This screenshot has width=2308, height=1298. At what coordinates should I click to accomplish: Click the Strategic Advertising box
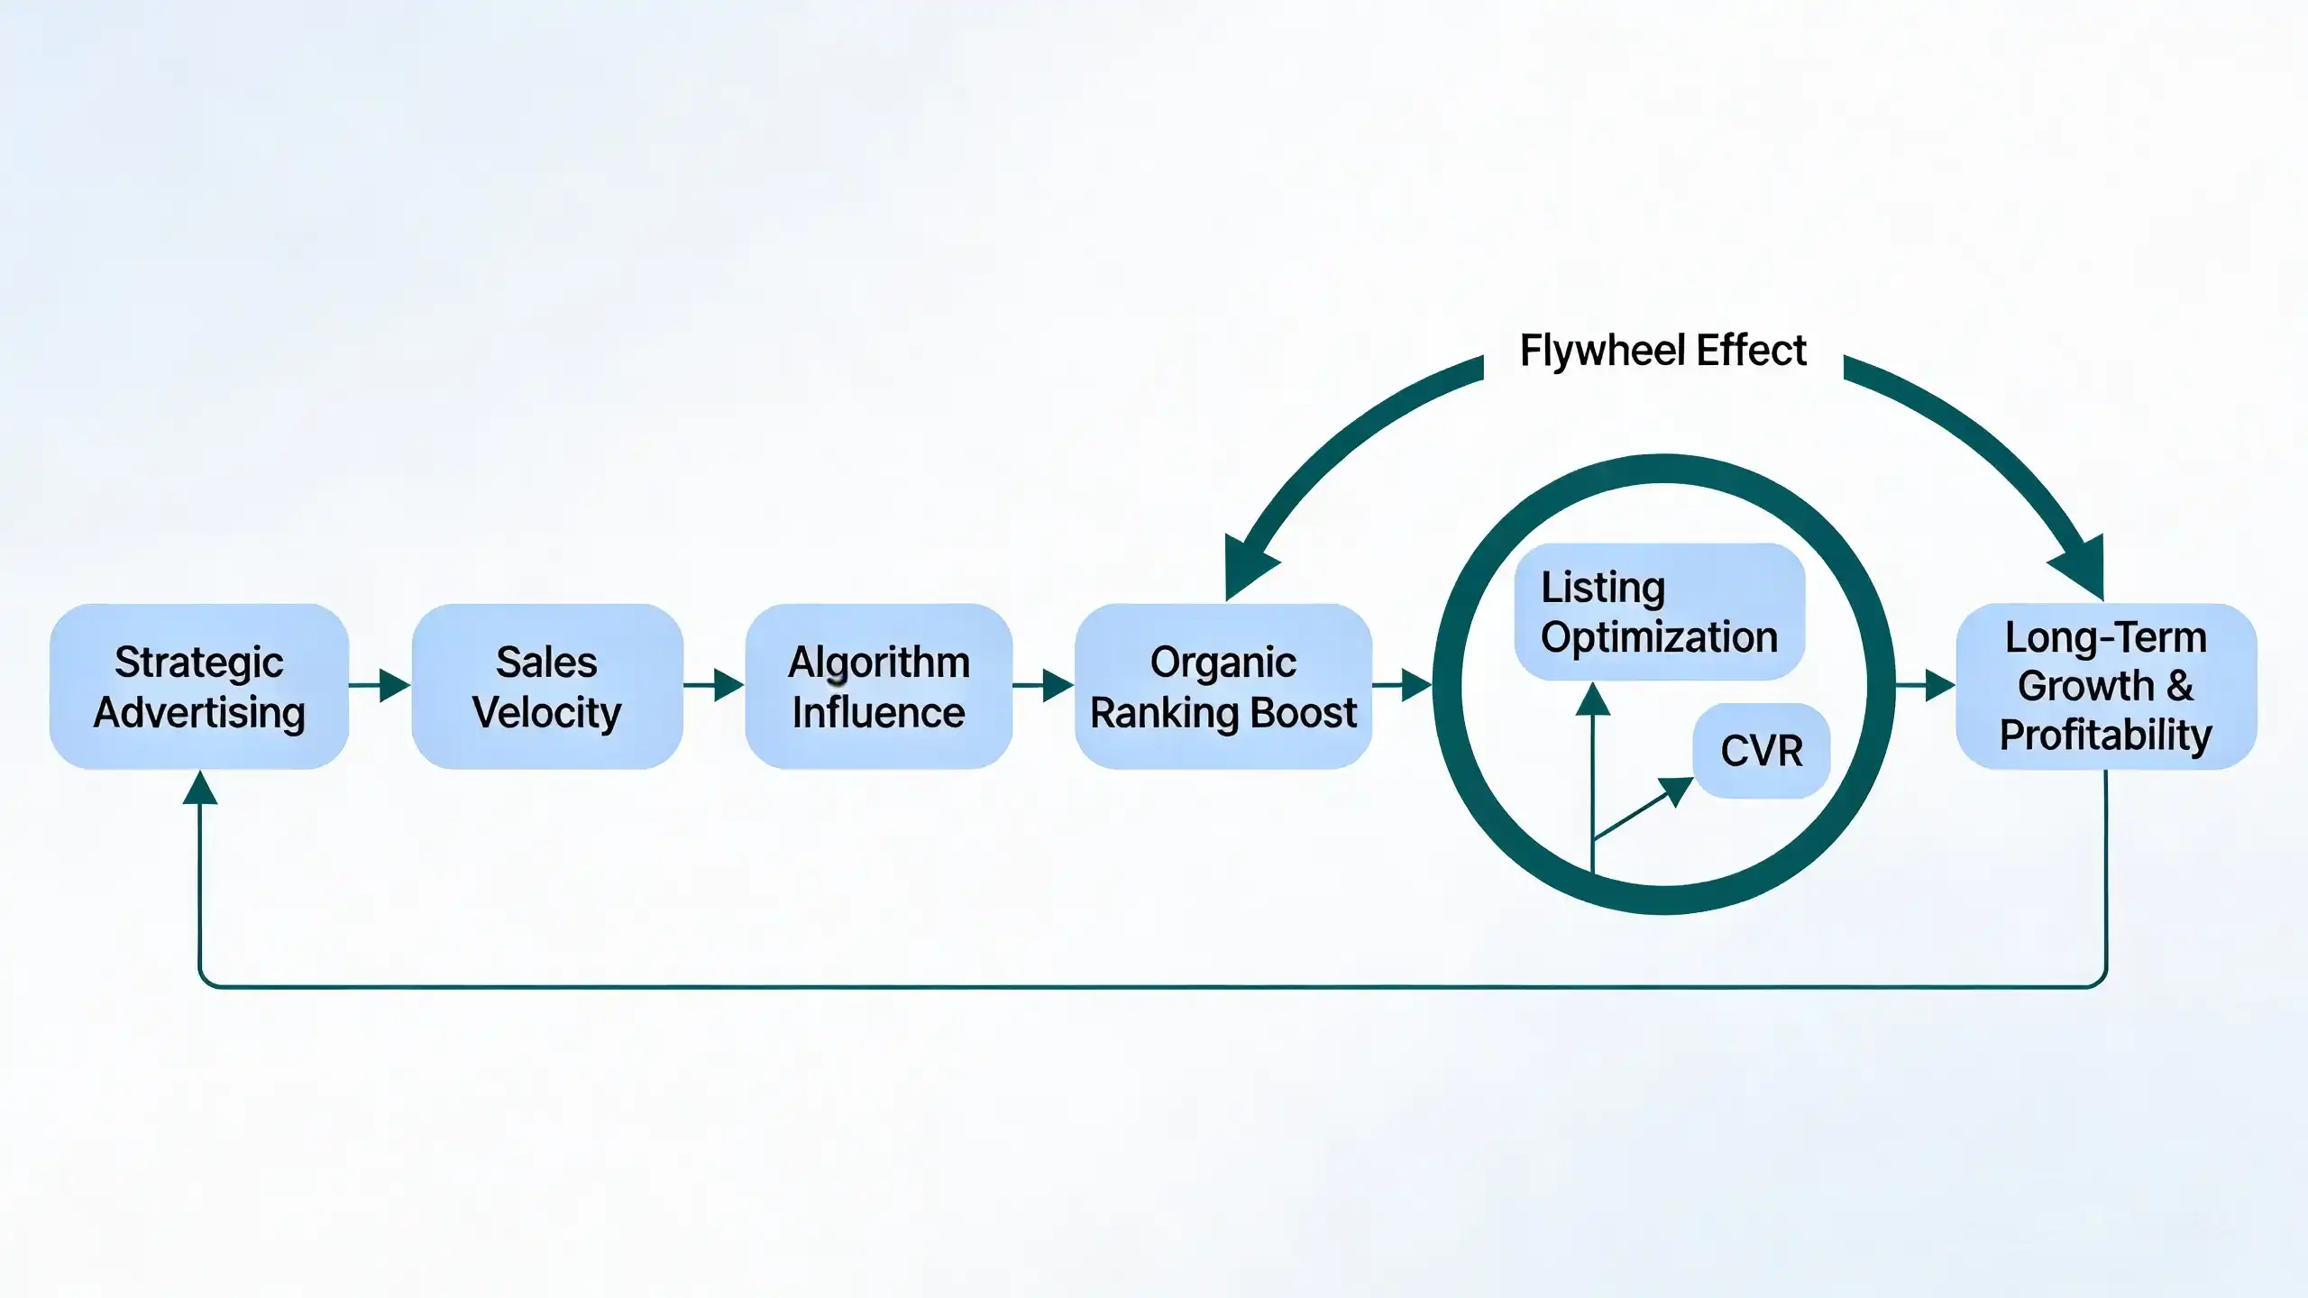[199, 686]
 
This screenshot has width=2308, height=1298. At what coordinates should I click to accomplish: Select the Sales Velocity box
[547, 686]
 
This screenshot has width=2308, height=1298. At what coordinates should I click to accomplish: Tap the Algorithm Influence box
[879, 686]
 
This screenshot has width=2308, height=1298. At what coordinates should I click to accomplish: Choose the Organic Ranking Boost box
[1223, 686]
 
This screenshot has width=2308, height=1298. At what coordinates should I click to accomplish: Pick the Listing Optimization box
[1660, 611]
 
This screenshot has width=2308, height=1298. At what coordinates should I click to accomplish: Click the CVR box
[1762, 751]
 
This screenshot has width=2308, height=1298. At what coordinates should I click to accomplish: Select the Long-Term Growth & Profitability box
[2106, 686]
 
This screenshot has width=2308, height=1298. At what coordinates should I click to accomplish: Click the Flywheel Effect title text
[1663, 350]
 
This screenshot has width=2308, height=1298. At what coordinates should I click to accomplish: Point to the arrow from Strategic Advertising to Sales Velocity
[380, 685]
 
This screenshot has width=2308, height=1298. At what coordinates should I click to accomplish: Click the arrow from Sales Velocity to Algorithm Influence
[714, 685]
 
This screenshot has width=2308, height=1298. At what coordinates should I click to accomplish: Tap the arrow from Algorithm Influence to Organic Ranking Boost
[1043, 685]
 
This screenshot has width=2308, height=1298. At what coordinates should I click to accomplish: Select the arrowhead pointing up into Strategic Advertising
[199, 787]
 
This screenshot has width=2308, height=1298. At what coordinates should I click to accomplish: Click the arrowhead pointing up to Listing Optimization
[1593, 699]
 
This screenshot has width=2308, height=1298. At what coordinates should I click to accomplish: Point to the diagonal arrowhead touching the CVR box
[1678, 791]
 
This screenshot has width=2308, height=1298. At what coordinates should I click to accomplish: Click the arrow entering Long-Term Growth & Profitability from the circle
[1925, 685]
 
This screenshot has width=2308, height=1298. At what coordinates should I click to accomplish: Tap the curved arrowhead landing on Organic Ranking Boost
[1249, 565]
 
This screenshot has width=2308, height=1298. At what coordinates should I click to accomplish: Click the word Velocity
[547, 713]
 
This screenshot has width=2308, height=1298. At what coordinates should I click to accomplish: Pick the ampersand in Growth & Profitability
[2180, 686]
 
